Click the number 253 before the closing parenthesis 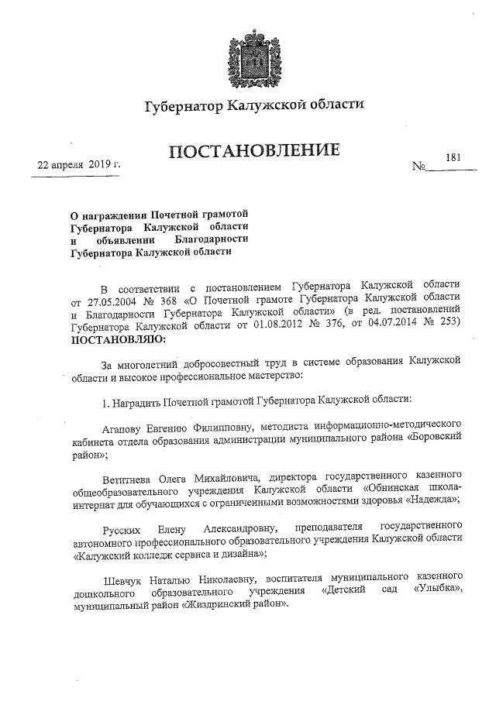point(451,325)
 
